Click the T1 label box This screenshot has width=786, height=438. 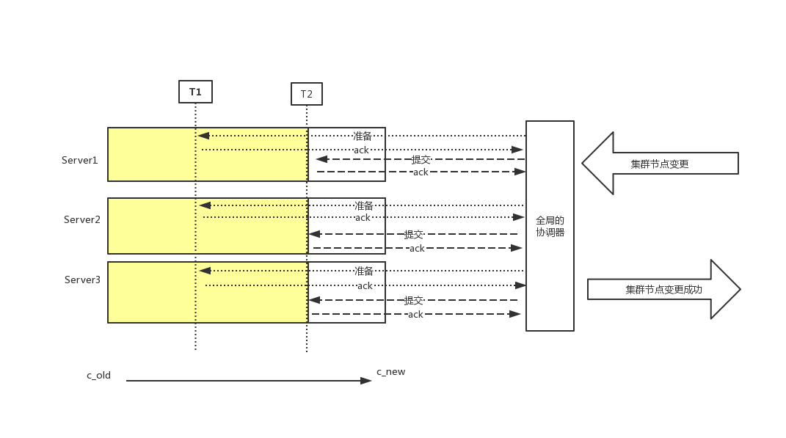[x=195, y=92]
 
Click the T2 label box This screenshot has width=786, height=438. [x=307, y=94]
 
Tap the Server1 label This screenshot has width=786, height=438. [x=79, y=160]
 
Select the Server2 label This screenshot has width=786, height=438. [x=81, y=219]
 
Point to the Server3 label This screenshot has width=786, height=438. [x=82, y=280]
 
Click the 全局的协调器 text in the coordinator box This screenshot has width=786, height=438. [x=550, y=226]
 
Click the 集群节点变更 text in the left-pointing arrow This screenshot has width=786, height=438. [x=660, y=164]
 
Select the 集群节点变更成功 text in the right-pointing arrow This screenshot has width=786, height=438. [x=663, y=290]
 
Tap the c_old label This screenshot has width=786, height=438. [x=98, y=375]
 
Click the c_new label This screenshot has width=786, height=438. [x=390, y=372]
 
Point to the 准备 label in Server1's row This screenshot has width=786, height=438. [x=363, y=136]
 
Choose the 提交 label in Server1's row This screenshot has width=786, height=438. [x=421, y=159]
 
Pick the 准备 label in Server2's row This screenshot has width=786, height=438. [x=364, y=205]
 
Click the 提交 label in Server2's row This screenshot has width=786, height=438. [x=414, y=235]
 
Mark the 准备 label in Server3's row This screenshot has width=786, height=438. [x=364, y=271]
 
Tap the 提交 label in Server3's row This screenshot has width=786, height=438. [x=414, y=300]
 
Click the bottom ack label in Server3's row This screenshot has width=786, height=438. [x=415, y=315]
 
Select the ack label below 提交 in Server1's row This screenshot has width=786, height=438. [x=421, y=172]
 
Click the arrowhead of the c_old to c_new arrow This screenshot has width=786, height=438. [x=367, y=381]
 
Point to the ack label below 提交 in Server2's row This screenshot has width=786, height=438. [x=417, y=249]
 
